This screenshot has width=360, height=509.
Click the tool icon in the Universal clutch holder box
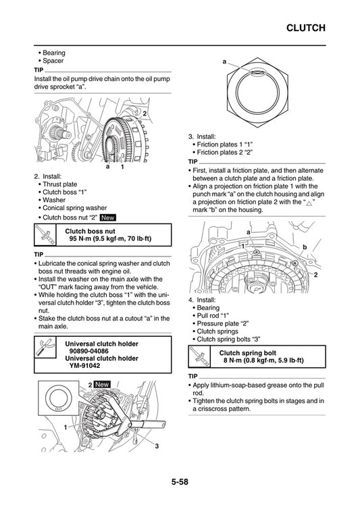click(45, 350)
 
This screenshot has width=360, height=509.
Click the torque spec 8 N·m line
click(263, 360)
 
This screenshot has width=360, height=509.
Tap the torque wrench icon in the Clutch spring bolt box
click(200, 355)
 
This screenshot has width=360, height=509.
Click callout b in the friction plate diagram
click(305, 248)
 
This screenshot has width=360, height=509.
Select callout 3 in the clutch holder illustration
click(156, 446)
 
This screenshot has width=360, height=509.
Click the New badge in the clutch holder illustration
click(102, 384)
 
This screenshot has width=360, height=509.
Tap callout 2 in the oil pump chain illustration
click(145, 103)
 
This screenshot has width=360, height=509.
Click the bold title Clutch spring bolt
click(247, 351)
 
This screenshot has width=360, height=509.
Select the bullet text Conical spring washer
click(74, 208)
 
